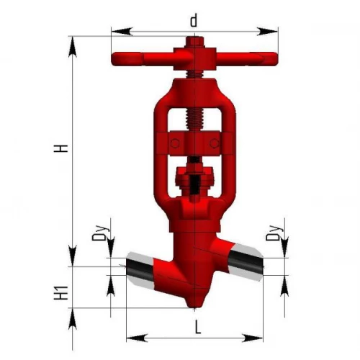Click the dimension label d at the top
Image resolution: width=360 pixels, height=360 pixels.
[x=194, y=20]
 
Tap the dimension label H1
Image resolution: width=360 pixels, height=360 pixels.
[x=60, y=293]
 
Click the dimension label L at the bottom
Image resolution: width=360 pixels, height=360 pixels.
[x=198, y=327]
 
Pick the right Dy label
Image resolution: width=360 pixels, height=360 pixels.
[x=275, y=233]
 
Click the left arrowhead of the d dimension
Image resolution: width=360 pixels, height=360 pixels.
[x=122, y=32]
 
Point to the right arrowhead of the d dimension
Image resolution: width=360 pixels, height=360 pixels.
[x=267, y=32]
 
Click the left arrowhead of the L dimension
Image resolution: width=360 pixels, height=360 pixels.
[x=137, y=338]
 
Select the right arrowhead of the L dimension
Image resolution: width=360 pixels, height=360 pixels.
[x=253, y=338]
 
